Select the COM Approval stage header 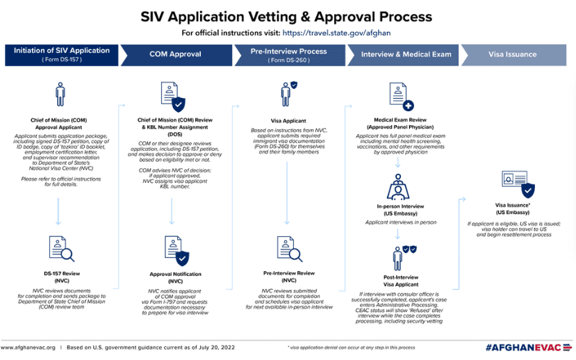(175, 54)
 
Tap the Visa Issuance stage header (512, 54)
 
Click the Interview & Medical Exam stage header (406, 54)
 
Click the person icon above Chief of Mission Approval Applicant (60, 95)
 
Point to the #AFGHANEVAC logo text (527, 347)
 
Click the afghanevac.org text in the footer (28, 347)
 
